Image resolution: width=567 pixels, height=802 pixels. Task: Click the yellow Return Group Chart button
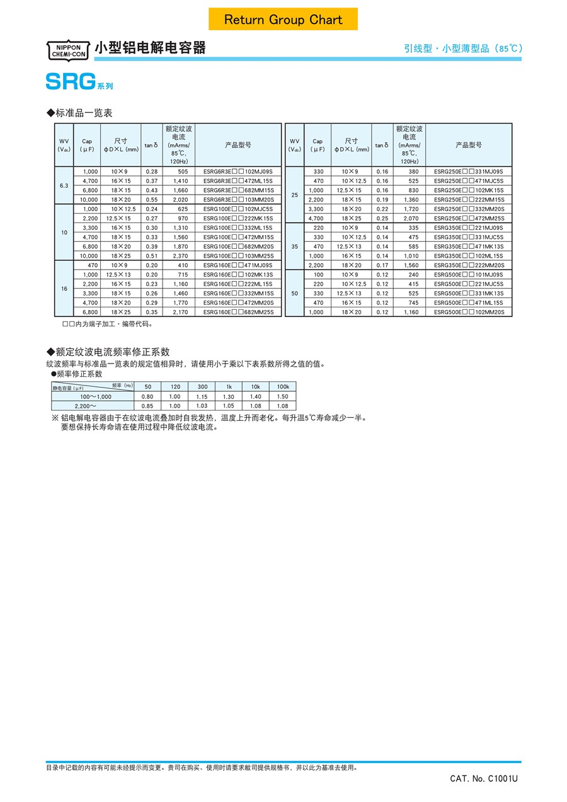point(283,20)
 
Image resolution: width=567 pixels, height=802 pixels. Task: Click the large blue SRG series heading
point(71,81)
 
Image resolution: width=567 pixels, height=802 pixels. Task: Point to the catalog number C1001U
point(484,779)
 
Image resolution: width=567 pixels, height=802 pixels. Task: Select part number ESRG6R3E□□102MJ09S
point(238,171)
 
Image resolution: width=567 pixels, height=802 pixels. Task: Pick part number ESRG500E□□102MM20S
point(469,312)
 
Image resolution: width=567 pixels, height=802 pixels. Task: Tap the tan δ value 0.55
point(151,199)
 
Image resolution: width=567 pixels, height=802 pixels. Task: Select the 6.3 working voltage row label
point(64,185)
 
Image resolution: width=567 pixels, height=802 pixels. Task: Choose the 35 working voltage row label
point(294,246)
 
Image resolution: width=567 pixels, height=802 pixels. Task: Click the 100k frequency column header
point(282,386)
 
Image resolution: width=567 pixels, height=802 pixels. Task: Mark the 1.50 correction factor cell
point(282,396)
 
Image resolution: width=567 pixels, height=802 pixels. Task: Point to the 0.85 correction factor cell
point(147,406)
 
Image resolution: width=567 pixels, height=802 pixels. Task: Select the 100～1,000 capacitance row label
point(95,396)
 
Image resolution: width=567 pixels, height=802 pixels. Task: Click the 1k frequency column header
point(229,386)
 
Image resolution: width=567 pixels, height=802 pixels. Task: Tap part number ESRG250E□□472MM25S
point(469,218)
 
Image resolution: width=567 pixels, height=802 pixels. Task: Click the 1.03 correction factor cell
point(202,406)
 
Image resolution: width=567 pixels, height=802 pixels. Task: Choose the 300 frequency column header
point(202,386)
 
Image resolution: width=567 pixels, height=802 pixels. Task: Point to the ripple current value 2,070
point(411,218)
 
